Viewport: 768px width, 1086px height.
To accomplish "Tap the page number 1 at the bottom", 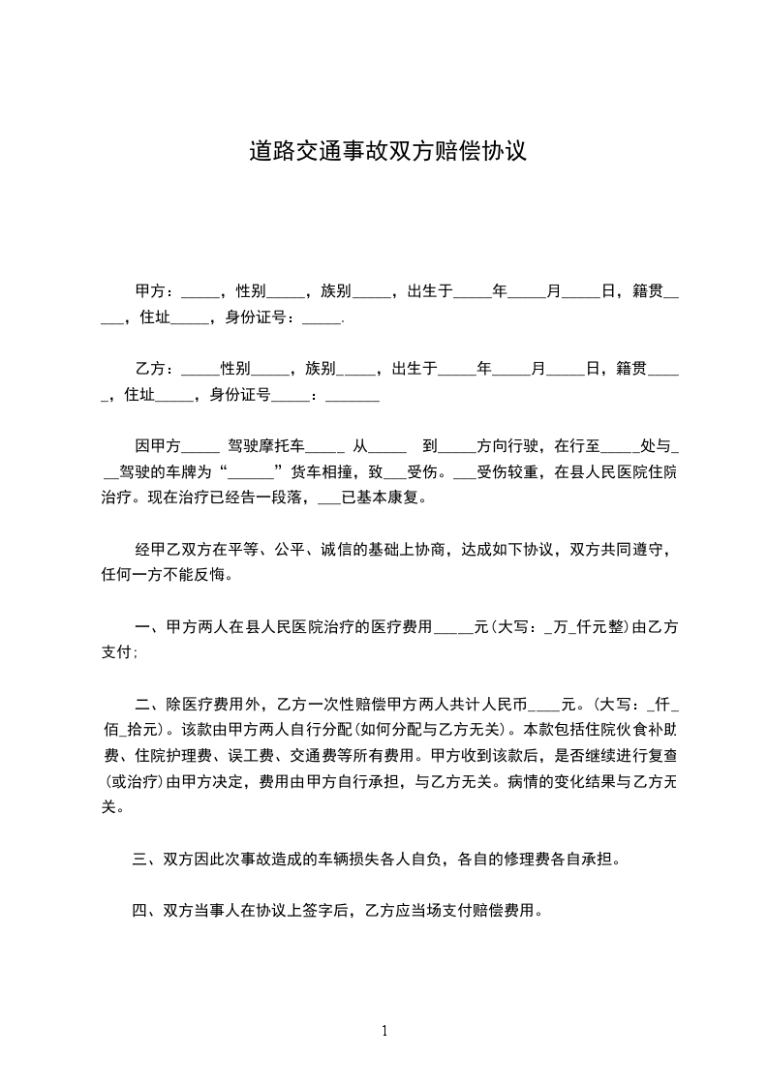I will point(384,1031).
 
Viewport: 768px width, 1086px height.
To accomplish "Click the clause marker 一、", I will point(148,627).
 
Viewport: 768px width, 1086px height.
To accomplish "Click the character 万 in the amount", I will point(562,627).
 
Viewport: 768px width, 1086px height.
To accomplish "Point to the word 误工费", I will point(249,755).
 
